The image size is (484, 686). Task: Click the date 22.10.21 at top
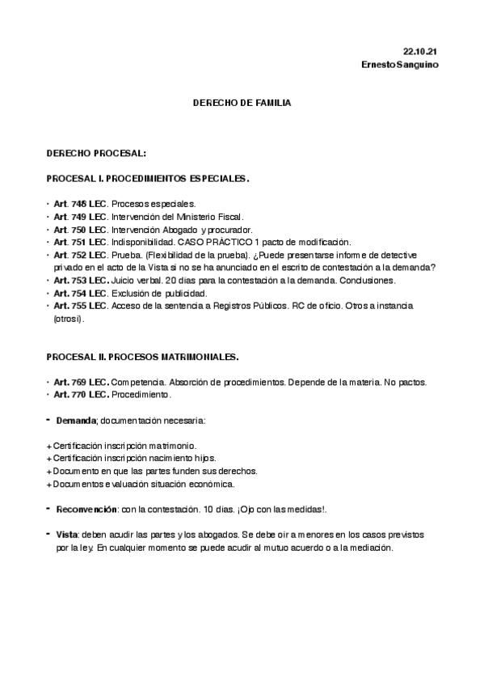423,51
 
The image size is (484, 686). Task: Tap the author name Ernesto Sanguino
401,65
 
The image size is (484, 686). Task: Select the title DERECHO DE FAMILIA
242,104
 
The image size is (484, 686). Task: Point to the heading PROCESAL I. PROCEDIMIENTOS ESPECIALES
148,178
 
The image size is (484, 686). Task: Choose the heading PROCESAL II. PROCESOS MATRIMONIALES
142,356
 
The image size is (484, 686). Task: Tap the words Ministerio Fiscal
211,217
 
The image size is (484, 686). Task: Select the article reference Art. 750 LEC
80,230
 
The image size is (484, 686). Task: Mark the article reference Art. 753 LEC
80,280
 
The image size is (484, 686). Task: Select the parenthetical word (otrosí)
68,319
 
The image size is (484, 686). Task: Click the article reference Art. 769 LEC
80,381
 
